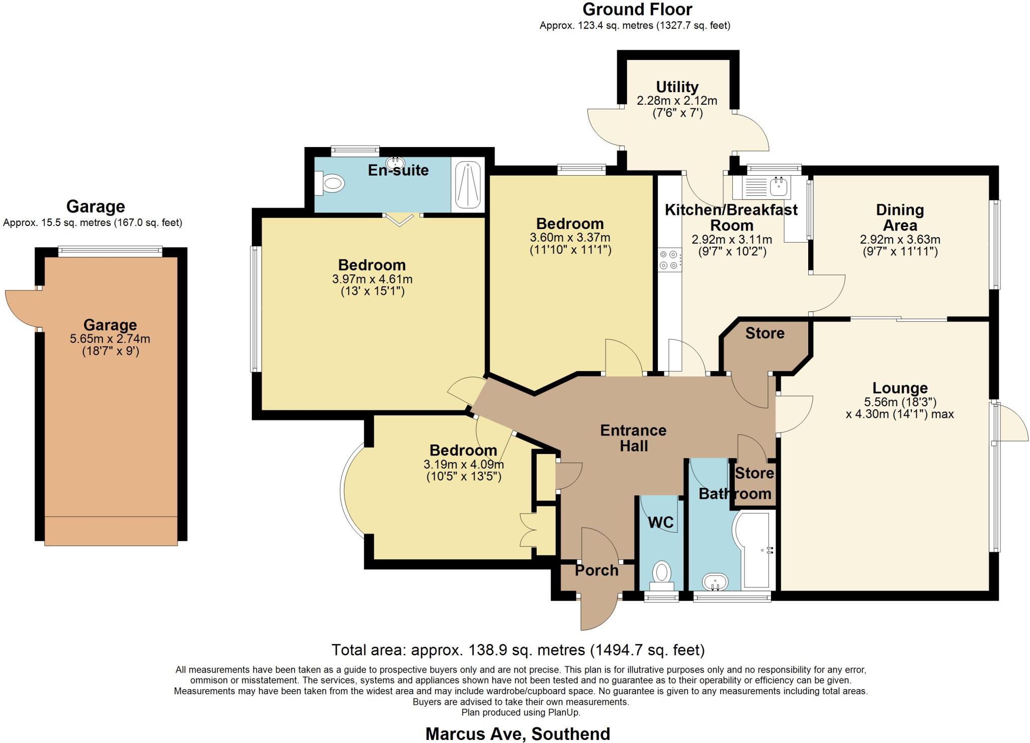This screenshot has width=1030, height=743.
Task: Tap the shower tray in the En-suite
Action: point(468,185)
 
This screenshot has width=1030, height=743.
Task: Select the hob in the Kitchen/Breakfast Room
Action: point(669,260)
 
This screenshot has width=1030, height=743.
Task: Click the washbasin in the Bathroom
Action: point(715,582)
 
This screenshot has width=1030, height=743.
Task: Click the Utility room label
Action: point(677,87)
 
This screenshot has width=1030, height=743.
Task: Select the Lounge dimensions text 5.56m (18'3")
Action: point(900,402)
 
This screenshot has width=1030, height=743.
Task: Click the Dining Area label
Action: point(900,217)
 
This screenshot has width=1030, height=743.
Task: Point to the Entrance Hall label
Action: point(633,438)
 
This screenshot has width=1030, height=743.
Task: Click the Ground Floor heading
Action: point(637,9)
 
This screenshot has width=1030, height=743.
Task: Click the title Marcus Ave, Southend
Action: point(518,733)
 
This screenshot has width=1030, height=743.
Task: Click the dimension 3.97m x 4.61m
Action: point(372,278)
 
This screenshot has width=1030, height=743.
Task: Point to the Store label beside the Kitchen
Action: point(764,333)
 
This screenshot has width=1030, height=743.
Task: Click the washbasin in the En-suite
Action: point(395,163)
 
